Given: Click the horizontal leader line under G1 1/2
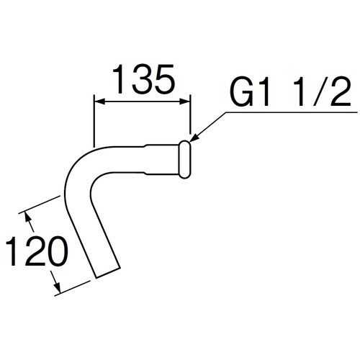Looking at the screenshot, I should point(288,112).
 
